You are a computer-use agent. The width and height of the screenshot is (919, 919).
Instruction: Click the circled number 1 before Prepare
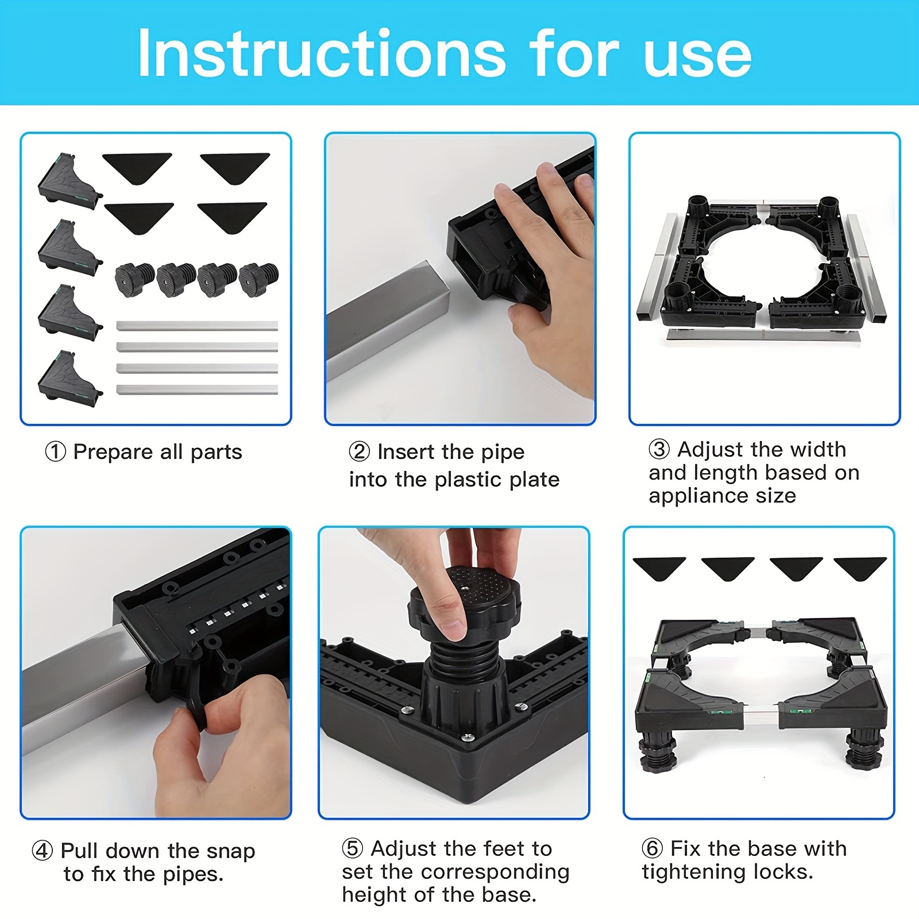coord(55,452)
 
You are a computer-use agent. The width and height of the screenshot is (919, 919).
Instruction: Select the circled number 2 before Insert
coord(360,452)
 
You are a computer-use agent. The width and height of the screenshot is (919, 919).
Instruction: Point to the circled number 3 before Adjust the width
coord(659,449)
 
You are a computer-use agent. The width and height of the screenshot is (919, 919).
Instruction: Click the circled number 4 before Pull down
coord(43,851)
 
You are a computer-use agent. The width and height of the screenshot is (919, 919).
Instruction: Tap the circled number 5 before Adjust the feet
coord(353,848)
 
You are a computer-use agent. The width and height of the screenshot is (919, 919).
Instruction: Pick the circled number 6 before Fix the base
coord(652,848)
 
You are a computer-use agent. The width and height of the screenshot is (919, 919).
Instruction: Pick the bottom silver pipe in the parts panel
coord(197,389)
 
